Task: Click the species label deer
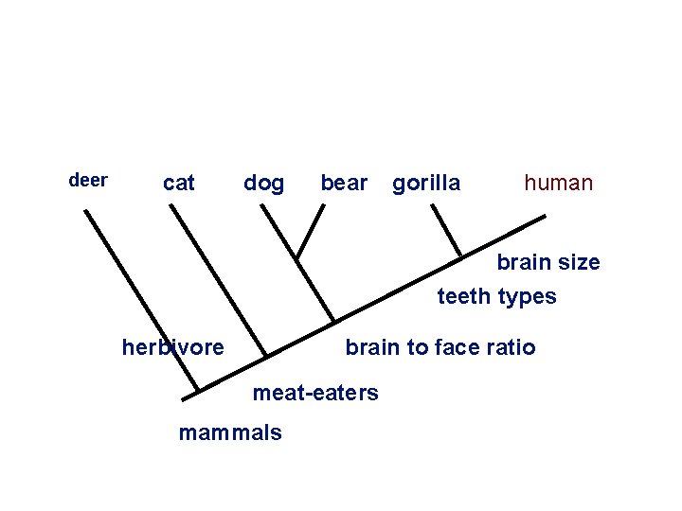click(89, 180)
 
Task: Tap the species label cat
click(179, 183)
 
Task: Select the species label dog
click(263, 183)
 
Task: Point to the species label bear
click(344, 183)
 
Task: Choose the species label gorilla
click(426, 183)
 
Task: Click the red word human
click(559, 183)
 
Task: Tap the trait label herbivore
click(173, 347)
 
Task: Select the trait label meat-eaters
click(315, 392)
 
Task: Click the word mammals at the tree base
click(230, 432)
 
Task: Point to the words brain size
click(548, 262)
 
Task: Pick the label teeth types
click(496, 296)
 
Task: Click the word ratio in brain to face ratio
click(512, 347)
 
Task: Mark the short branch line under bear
click(310, 231)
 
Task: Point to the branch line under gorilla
click(447, 231)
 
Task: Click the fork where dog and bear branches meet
click(296, 257)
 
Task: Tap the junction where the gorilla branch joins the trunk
click(461, 256)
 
